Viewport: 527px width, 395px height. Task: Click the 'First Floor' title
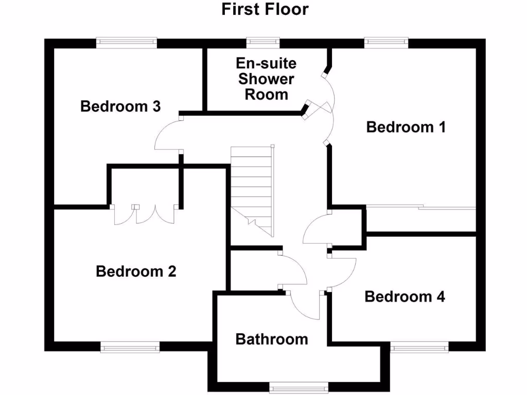[x=265, y=9]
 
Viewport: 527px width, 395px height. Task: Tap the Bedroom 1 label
[x=406, y=127]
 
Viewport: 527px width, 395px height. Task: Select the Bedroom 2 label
[x=136, y=271]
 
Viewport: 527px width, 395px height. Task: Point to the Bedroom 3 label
[x=120, y=106]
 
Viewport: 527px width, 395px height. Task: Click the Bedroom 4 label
[x=405, y=297]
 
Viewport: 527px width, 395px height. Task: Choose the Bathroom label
[x=272, y=339]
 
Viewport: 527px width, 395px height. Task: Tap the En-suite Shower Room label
[x=266, y=79]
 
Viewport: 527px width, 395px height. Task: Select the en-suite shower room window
[x=263, y=41]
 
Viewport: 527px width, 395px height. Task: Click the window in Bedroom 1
[x=387, y=41]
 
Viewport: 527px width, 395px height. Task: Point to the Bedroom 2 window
[x=130, y=348]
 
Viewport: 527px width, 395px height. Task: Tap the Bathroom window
[x=298, y=386]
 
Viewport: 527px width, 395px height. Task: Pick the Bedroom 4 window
[x=419, y=348]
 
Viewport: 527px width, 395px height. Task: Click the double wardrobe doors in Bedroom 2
[x=145, y=215]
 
